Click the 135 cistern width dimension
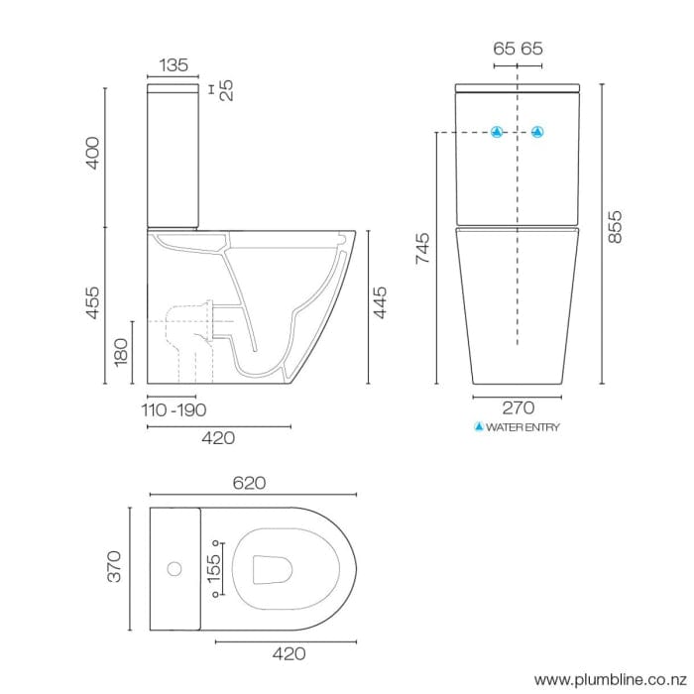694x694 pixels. click(173, 65)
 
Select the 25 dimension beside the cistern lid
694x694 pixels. click(226, 91)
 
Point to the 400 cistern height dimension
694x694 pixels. click(92, 155)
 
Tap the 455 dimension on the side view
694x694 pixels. click(92, 303)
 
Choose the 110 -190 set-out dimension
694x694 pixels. click(173, 410)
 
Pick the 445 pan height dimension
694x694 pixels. click(380, 303)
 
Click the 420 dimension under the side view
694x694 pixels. click(218, 438)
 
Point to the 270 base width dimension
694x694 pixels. click(519, 407)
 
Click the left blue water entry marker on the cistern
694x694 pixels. click(499, 132)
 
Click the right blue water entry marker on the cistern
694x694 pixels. click(538, 132)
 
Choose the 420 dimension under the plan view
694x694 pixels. click(287, 654)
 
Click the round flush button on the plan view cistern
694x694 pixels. click(174, 569)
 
